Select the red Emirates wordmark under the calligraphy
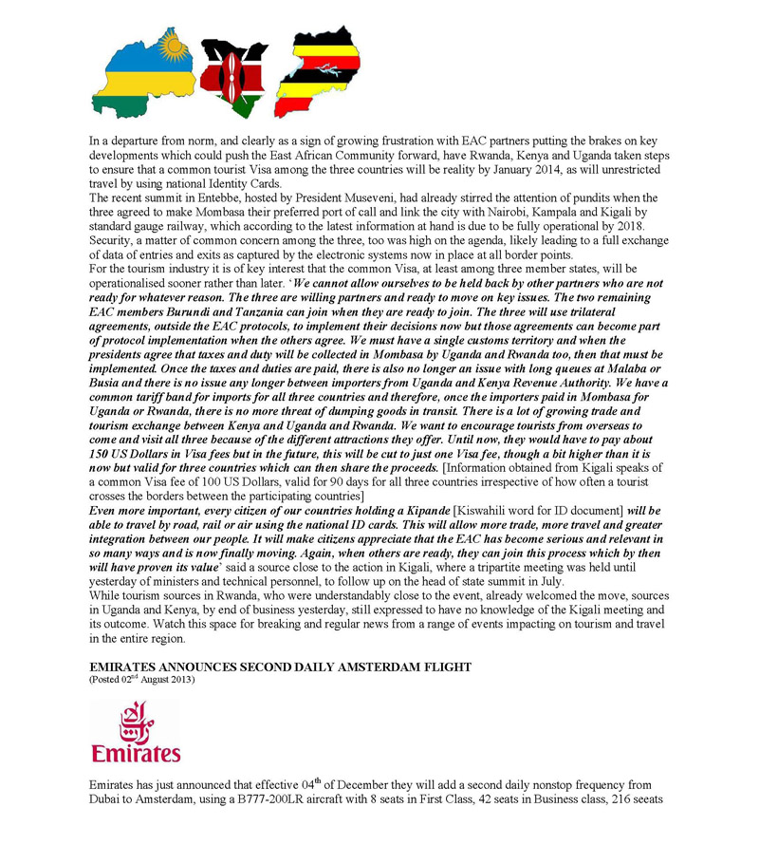pyautogui.click(x=136, y=753)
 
